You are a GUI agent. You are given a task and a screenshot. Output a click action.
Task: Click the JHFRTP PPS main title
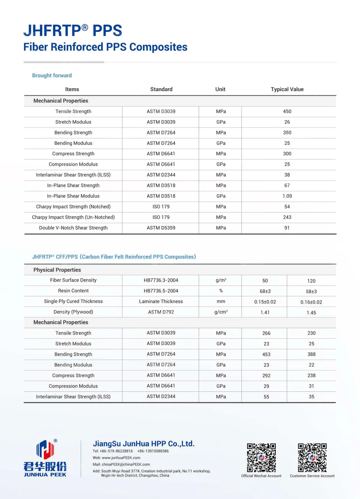73,31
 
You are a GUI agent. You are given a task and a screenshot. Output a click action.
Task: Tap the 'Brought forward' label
52,75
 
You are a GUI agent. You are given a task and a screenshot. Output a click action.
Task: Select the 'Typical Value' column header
287,89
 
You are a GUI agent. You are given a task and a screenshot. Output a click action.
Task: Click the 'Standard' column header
161,89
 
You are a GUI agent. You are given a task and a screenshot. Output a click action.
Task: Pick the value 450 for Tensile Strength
287,111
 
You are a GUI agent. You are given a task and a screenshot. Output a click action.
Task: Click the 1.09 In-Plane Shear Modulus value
287,196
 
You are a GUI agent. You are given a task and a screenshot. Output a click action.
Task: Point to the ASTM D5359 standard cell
161,228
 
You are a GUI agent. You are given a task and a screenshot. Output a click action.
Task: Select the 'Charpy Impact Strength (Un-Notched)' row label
73,217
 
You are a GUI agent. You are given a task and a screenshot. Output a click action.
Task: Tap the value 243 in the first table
287,217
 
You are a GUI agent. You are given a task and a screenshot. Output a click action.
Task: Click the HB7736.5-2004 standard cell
161,291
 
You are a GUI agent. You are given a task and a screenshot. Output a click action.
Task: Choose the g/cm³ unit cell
221,312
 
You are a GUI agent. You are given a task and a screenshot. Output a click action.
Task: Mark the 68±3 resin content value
265,291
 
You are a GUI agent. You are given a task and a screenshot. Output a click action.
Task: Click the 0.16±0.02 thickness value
311,302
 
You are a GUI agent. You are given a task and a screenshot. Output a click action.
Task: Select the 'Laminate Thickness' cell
161,302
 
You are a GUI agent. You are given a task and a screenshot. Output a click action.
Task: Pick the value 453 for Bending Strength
266,354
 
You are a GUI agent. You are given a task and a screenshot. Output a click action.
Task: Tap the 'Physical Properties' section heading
57,270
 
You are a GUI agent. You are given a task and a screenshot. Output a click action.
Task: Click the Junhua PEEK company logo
45,458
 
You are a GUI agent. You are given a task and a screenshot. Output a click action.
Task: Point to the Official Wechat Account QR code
261,458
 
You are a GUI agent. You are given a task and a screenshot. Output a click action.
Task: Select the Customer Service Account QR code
312,458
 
